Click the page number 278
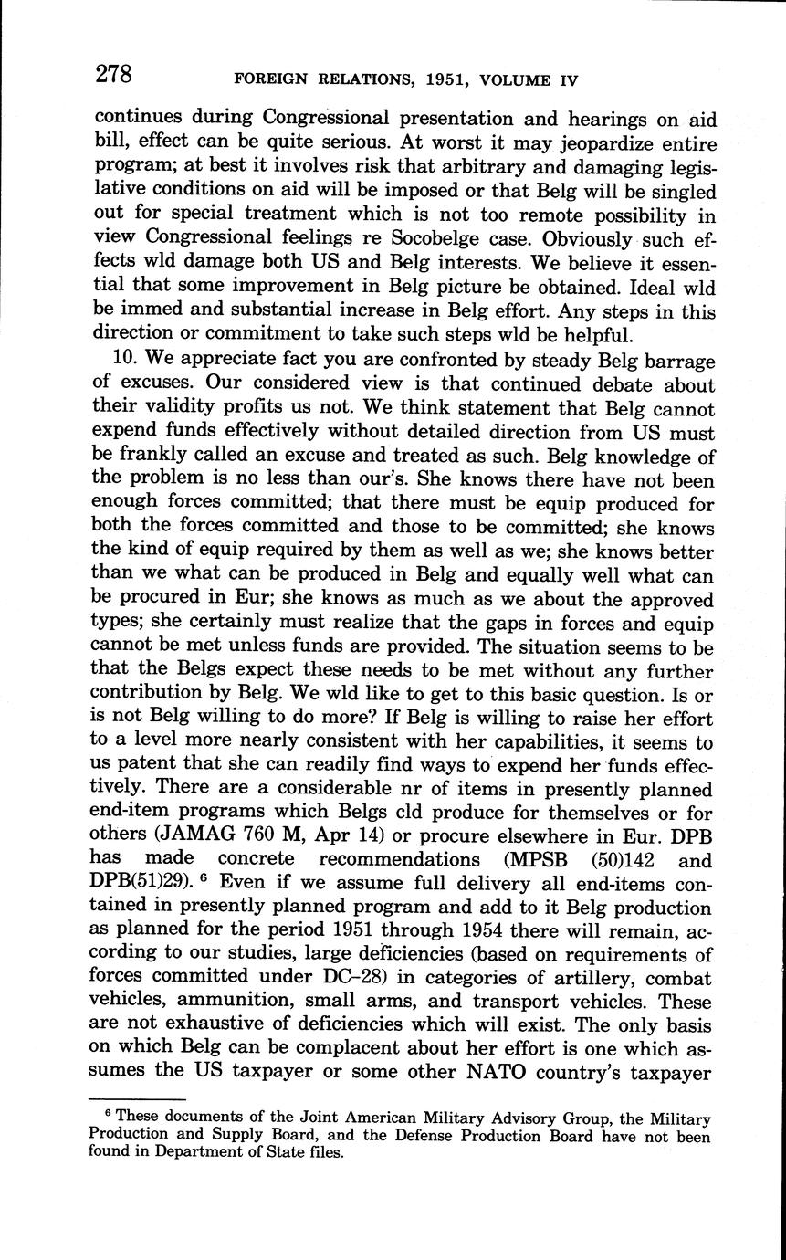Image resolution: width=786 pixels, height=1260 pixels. (x=115, y=75)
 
